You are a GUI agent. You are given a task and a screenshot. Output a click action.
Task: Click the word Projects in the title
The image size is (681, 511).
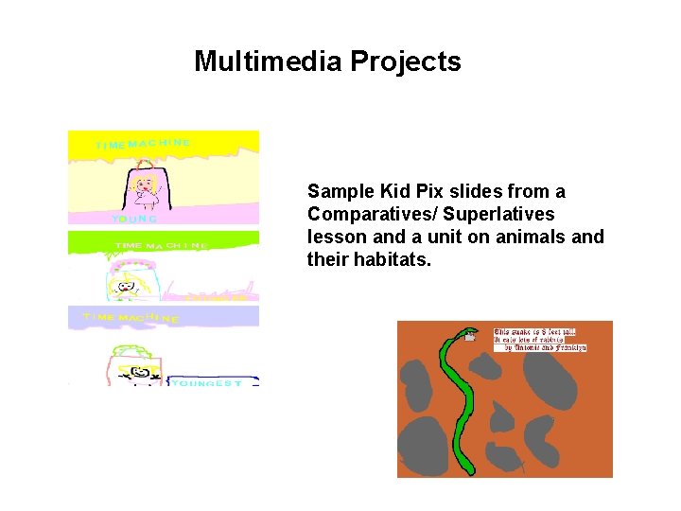click(x=406, y=62)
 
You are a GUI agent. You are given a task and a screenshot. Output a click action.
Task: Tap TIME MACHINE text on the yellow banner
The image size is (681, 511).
click(x=143, y=144)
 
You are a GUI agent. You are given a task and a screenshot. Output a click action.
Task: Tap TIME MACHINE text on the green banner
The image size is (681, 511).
click(x=162, y=245)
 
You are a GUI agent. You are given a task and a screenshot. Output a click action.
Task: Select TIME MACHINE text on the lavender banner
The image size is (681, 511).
click(x=131, y=318)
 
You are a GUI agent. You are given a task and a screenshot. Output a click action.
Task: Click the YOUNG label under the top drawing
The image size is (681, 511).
click(x=133, y=219)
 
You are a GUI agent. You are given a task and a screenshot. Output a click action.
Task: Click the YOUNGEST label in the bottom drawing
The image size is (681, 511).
click(x=206, y=383)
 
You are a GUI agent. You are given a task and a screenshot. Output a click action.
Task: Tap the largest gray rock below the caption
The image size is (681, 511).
click(x=549, y=378)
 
